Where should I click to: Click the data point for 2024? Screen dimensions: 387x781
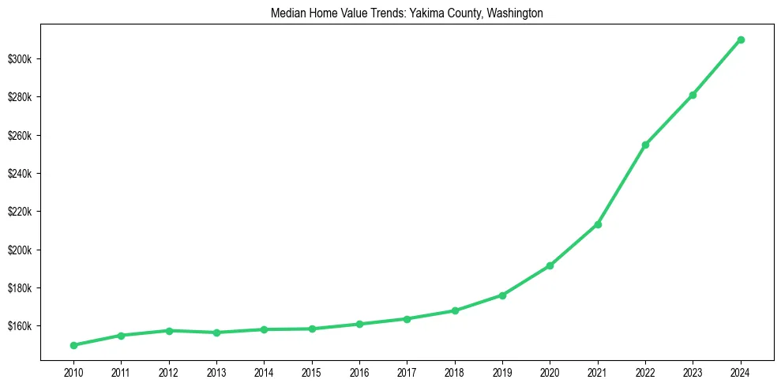pyautogui.click(x=741, y=39)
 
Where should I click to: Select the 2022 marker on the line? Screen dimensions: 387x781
pyautogui.click(x=645, y=145)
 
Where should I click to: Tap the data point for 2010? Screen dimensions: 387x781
pyautogui.click(x=73, y=345)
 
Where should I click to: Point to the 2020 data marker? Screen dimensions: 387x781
pyautogui.click(x=550, y=265)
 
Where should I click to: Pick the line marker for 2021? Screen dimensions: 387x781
pyautogui.click(x=598, y=224)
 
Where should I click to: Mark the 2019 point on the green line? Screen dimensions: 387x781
pyautogui.click(x=502, y=295)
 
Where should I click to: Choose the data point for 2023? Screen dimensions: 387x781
pyautogui.click(x=693, y=95)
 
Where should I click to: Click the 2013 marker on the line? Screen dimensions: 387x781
pyautogui.click(x=216, y=333)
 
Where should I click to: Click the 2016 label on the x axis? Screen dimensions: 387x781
pyautogui.click(x=359, y=371)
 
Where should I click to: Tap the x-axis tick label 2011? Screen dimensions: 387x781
pyautogui.click(x=121, y=371)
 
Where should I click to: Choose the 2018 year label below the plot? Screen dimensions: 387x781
pyautogui.click(x=455, y=371)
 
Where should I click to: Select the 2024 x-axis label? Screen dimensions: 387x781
pyautogui.click(x=741, y=371)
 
